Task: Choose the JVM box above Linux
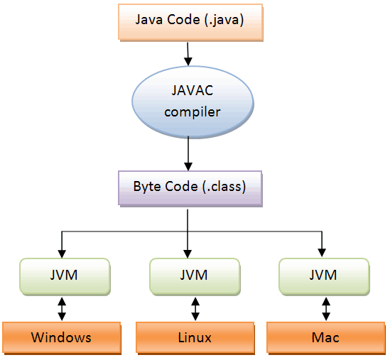pos(193,274)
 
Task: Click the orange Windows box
pos(61,337)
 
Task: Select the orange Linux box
pos(195,337)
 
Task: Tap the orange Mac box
pos(325,337)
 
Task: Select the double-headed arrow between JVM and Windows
pos(62,307)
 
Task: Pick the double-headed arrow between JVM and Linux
pos(195,307)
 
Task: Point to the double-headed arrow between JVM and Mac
pos(325,307)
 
